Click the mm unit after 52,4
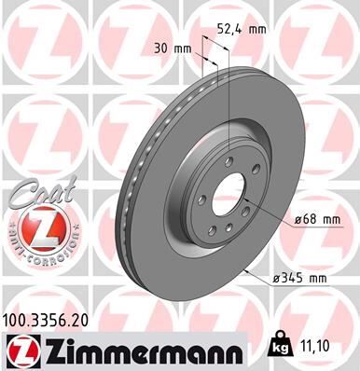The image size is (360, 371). pyautogui.click(x=257, y=29)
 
